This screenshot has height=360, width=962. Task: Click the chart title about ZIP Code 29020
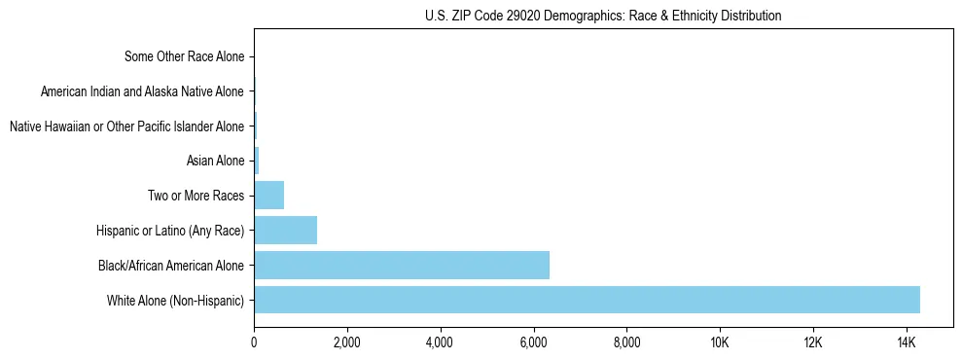pos(603,16)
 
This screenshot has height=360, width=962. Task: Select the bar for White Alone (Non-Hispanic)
pos(587,300)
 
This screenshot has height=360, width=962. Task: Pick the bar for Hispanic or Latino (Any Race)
pos(285,230)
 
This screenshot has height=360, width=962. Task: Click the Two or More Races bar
pos(268,196)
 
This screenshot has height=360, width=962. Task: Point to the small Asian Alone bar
pos(257,161)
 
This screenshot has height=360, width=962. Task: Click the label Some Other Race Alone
pos(185,56)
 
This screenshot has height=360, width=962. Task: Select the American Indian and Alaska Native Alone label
pos(143,91)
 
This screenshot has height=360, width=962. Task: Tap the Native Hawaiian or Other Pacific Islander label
pos(126,126)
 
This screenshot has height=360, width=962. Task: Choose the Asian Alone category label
pos(215,161)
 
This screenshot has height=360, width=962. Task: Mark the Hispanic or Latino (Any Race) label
pos(170,231)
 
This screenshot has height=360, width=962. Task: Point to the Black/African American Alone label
pos(171,265)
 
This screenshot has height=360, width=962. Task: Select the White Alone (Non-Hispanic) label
pos(176,300)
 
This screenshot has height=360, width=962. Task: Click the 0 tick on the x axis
pos(254,342)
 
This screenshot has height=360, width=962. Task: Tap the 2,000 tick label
pos(347,342)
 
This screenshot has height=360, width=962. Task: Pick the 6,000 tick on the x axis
pos(533,342)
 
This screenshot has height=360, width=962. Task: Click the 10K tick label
pos(720,342)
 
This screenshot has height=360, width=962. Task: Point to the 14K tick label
pos(907,342)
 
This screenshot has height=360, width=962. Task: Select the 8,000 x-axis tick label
pos(626,342)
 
